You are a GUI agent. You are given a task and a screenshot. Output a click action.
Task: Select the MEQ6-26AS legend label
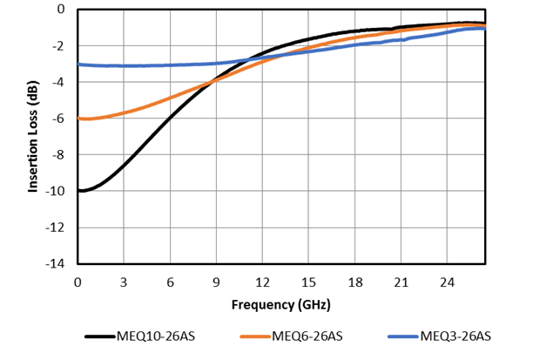coord(308,336)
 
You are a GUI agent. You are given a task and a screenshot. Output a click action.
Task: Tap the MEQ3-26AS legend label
coord(455,336)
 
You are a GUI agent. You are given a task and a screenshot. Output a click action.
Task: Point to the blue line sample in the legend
coord(401,336)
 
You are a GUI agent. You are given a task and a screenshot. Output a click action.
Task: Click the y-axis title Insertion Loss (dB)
coord(33,136)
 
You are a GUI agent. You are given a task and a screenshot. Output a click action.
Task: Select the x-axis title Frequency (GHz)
coord(280,305)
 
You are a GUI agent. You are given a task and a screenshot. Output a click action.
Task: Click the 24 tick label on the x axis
coord(447,282)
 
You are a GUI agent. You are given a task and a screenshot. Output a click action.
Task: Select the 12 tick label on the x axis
coord(262,282)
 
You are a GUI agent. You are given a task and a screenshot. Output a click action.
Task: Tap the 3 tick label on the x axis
coord(124,282)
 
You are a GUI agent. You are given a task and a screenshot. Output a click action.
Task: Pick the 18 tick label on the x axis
coord(354,282)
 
